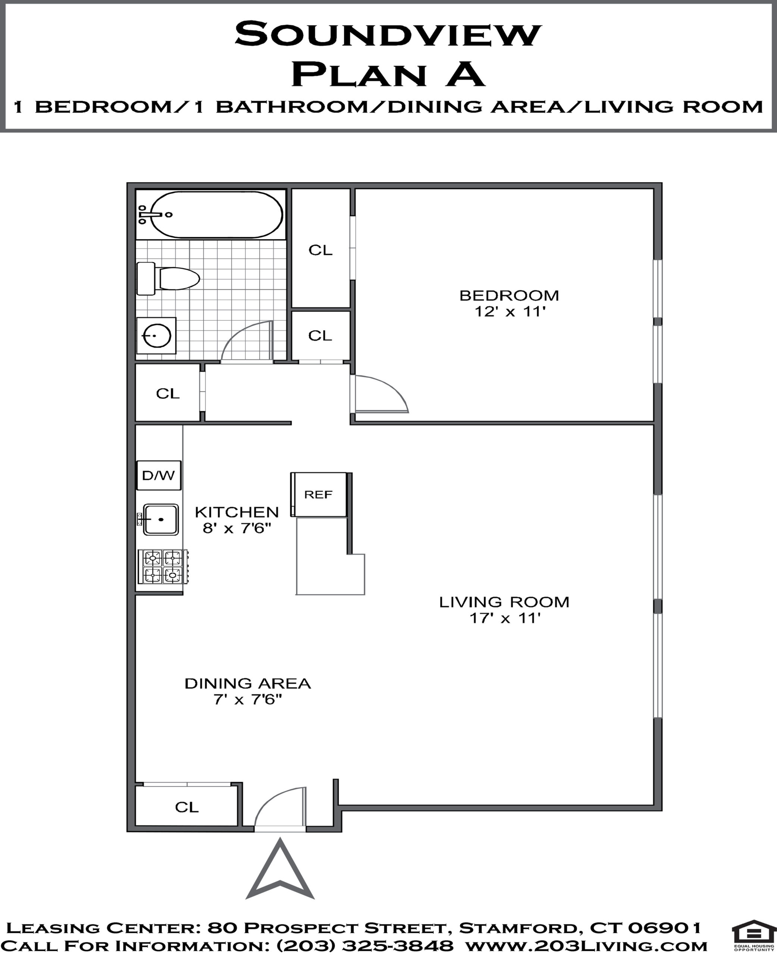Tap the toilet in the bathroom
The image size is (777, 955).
tap(168, 278)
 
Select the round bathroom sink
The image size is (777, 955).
tap(156, 335)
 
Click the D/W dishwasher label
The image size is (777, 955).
tap(159, 475)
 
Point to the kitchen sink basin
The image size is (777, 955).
tap(161, 519)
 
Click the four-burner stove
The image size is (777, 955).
tap(163, 566)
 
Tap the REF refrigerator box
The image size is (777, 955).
tap(319, 495)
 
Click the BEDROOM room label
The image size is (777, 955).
tap(509, 295)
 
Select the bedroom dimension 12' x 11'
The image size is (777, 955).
tap(510, 311)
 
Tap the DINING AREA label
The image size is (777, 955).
tap(248, 683)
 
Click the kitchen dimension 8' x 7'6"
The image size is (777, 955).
tap(237, 528)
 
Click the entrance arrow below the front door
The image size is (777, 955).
tap(280, 870)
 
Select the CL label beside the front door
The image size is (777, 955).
tap(187, 807)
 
